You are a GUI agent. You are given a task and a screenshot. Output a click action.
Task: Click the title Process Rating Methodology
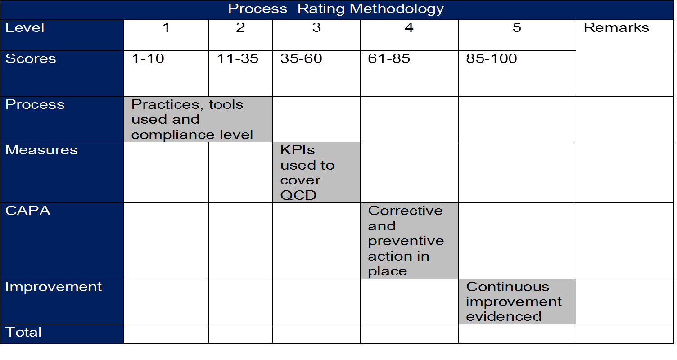click(336, 9)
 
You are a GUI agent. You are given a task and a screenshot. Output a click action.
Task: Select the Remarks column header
click(616, 27)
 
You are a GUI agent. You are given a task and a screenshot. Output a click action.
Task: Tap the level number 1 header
click(166, 27)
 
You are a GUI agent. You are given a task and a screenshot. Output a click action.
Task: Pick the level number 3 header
click(316, 27)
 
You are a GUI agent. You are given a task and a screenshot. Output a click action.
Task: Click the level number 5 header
click(517, 27)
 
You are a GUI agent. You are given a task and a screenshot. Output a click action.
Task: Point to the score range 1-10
click(148, 58)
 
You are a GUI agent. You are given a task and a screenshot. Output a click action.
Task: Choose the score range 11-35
click(238, 58)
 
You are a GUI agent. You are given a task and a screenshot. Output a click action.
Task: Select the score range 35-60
click(301, 58)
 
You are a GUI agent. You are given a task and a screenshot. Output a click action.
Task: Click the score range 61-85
click(388, 58)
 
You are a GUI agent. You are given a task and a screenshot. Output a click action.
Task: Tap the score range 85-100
click(492, 58)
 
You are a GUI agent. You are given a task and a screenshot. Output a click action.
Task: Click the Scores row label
click(31, 58)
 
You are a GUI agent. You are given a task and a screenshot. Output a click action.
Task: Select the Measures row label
click(41, 150)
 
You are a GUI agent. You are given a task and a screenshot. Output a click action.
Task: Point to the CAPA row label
click(28, 211)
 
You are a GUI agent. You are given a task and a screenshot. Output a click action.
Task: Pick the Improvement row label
click(54, 287)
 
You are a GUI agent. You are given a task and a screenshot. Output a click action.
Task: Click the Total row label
click(23, 332)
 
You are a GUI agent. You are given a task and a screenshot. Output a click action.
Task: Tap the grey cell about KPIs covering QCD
click(316, 172)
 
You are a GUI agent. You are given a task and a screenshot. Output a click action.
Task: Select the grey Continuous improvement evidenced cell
click(517, 301)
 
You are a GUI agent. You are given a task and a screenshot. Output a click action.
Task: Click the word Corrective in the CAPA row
click(405, 211)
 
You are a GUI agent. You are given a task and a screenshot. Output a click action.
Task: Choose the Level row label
click(25, 27)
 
